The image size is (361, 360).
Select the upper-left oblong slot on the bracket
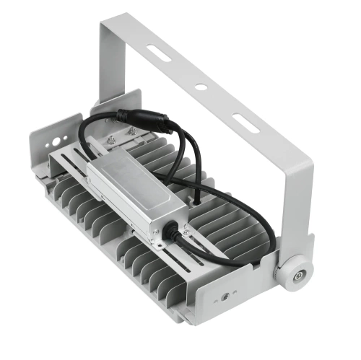pyautogui.click(x=159, y=53)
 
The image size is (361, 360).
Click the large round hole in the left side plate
pyautogui.click(x=52, y=136)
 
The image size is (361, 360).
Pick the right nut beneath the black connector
pyautogui.click(x=132, y=131)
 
